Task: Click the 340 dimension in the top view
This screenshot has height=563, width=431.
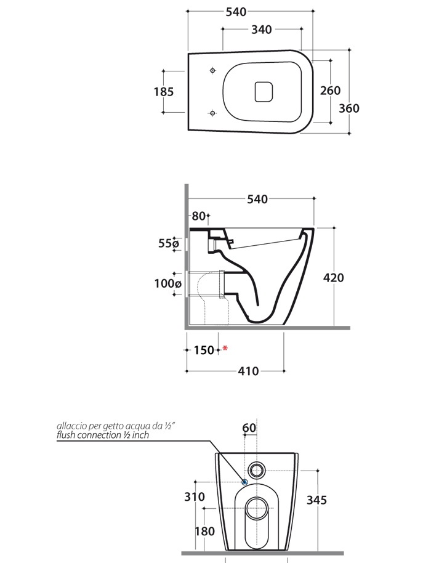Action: pyautogui.click(x=261, y=30)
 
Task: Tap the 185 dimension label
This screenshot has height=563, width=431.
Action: pyautogui.click(x=164, y=92)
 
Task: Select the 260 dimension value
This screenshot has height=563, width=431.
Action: pyautogui.click(x=330, y=91)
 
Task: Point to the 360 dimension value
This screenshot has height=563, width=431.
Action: pyautogui.click(x=349, y=108)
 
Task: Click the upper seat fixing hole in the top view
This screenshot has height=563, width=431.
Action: pyautogui.click(x=213, y=70)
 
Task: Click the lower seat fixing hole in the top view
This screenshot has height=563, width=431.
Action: pyautogui.click(x=213, y=113)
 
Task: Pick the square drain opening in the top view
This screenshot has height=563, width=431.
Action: pyautogui.click(x=264, y=92)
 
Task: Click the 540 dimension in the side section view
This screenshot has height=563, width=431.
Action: pyautogui.click(x=257, y=199)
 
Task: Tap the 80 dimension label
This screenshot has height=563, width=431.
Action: pyautogui.click(x=198, y=216)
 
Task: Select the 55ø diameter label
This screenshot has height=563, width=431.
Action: pyautogui.click(x=168, y=243)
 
